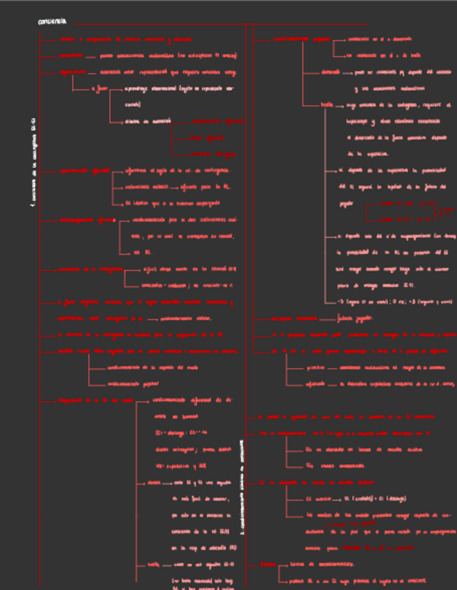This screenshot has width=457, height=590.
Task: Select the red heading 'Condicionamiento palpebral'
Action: [302, 39]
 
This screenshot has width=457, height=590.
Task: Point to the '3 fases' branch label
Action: [100, 88]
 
